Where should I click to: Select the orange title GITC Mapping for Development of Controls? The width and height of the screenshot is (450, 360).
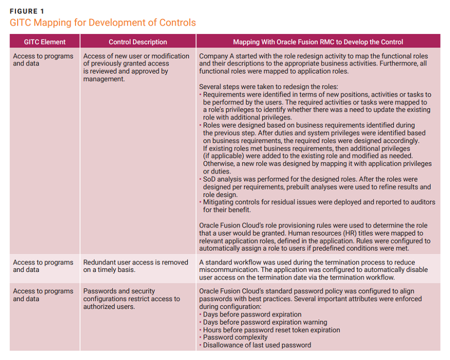102,22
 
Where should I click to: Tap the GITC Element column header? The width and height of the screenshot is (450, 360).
44,42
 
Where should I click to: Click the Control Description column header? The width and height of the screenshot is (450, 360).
137,42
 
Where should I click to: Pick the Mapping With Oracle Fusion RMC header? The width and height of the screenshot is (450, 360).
318,42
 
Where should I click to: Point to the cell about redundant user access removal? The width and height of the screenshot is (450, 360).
135,266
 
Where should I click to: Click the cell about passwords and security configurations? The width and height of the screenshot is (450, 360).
131,298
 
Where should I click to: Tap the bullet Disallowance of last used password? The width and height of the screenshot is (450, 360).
256,345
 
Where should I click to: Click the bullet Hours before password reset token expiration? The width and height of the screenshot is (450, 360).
271,330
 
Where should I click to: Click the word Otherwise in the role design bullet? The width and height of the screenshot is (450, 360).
218,163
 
